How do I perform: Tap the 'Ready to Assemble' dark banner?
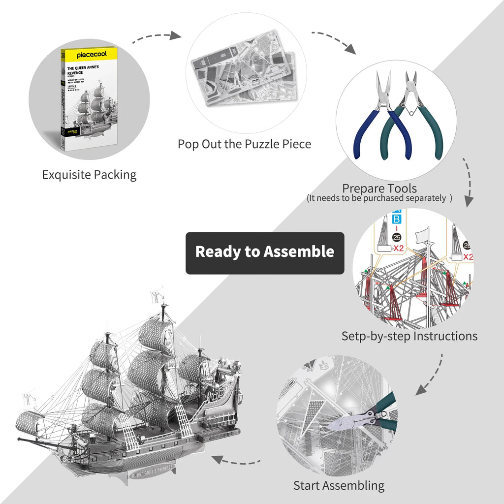click(x=265, y=252)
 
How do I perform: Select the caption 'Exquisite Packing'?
click(x=89, y=175)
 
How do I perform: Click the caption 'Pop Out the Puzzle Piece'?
click(x=245, y=144)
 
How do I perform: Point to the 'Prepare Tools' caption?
click(x=379, y=188)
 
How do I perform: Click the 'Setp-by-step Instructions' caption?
click(x=409, y=336)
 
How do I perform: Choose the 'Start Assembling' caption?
click(x=339, y=485)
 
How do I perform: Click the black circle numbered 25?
click(x=397, y=238)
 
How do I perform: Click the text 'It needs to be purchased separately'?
click(x=379, y=198)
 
